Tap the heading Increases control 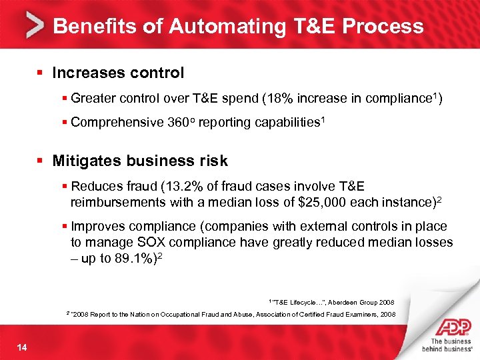click(x=118, y=72)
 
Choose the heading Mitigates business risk click(x=140, y=161)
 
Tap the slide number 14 click(x=23, y=345)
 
